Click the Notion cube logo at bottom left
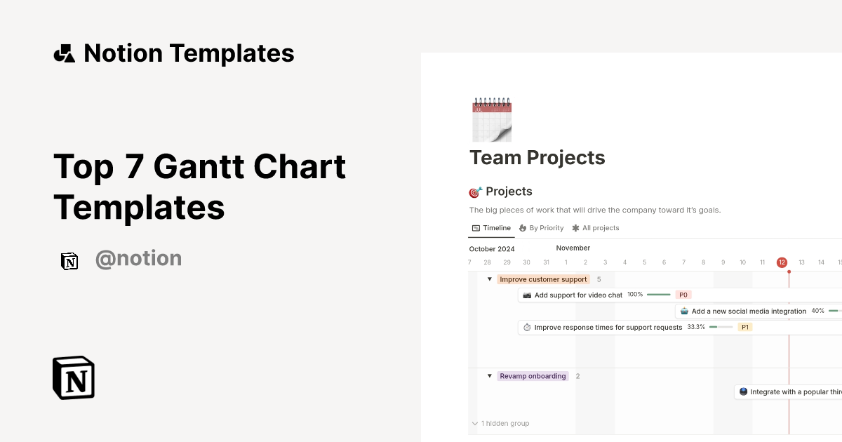[x=74, y=377]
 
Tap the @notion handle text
[x=138, y=259]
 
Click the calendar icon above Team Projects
[x=492, y=120]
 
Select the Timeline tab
[x=491, y=228]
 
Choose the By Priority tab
[x=541, y=228]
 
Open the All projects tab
[x=596, y=228]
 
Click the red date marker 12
[x=782, y=262]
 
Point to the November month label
[x=573, y=248]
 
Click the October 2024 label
[x=492, y=249]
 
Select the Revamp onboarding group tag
[x=533, y=376]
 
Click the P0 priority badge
[x=683, y=295]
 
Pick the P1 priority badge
[x=745, y=327]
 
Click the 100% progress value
[x=635, y=295]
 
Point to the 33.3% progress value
[x=696, y=327]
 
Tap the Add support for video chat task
[x=578, y=295]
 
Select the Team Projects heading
[x=537, y=158]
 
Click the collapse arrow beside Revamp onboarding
[x=490, y=376]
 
